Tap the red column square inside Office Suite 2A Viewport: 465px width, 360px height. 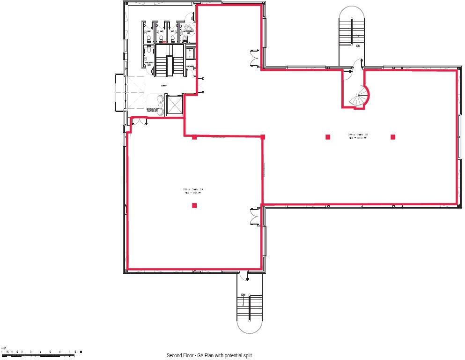click(194, 205)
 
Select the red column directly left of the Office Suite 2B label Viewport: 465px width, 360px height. click(328, 137)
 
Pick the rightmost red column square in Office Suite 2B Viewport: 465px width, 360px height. click(393, 137)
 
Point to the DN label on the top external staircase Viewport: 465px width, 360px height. click(358, 46)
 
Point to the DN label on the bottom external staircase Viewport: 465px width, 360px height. click(243, 294)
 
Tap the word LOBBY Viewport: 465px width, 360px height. click(164, 86)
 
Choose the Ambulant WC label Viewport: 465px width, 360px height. click(149, 64)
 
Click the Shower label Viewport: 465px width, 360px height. click(190, 67)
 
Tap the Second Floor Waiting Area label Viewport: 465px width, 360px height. click(153, 110)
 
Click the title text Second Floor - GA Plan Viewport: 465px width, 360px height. click(212, 355)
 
